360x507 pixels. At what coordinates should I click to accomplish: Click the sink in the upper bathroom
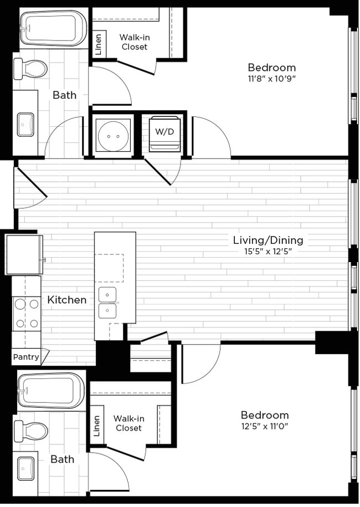25,124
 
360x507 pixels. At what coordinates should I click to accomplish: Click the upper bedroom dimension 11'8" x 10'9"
271,79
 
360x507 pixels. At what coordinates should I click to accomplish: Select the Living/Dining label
268,240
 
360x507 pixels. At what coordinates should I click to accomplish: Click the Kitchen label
66,300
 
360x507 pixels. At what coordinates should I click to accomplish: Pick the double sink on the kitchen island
107,302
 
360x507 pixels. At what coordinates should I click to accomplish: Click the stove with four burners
27,313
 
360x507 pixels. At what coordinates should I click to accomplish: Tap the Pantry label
26,357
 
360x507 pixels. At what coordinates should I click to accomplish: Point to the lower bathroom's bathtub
51,390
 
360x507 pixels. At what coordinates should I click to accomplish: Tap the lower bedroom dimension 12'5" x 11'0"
264,426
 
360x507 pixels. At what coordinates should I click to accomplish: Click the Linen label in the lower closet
96,426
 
